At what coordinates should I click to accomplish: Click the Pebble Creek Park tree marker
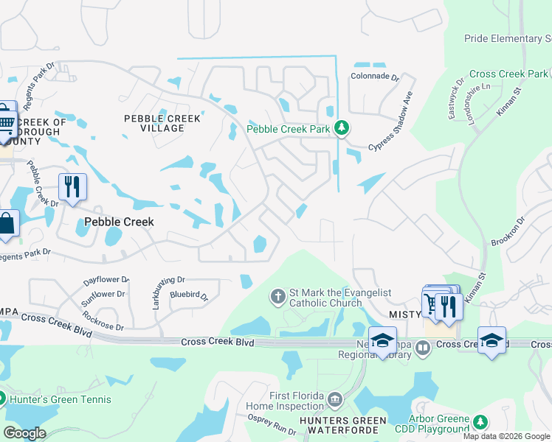pyautogui.click(x=341, y=129)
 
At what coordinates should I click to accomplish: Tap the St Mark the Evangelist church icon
pyautogui.click(x=277, y=297)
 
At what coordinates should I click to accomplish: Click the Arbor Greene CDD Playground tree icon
pyautogui.click(x=480, y=422)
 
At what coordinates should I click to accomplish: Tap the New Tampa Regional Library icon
pyautogui.click(x=422, y=348)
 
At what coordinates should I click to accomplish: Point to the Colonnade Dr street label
pyautogui.click(x=374, y=77)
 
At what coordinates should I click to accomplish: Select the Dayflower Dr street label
pyautogui.click(x=106, y=281)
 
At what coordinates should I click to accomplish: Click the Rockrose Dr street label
pyautogui.click(x=103, y=321)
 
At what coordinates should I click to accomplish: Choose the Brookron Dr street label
pyautogui.click(x=508, y=231)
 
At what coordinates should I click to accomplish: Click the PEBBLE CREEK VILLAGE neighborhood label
pyautogui.click(x=153, y=123)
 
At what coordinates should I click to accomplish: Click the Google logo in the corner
pyautogui.click(x=24, y=433)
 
